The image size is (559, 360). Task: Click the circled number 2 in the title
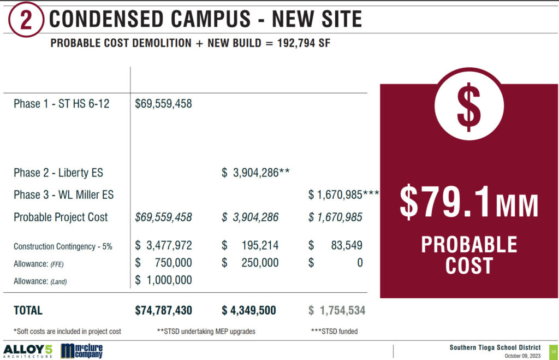pyautogui.click(x=25, y=20)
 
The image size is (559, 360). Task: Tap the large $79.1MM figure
pyautogui.click(x=468, y=202)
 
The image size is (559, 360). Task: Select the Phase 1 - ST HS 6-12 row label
pyautogui.click(x=61, y=104)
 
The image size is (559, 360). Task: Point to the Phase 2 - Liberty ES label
pyautogui.click(x=58, y=173)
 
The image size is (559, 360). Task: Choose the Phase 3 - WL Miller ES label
pyautogui.click(x=63, y=194)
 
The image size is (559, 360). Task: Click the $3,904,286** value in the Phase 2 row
pyautogui.click(x=255, y=173)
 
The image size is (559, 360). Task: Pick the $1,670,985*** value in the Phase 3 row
pyautogui.click(x=343, y=194)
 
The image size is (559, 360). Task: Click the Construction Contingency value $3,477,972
pyautogui.click(x=163, y=246)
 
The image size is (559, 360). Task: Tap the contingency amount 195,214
pyautogui.click(x=259, y=246)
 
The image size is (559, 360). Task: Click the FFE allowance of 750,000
pyautogui.click(x=169, y=263)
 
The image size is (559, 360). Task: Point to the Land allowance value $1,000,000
pyautogui.click(x=163, y=280)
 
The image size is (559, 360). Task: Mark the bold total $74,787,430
pyautogui.click(x=163, y=311)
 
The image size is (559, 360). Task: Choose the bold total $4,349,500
pyautogui.click(x=248, y=311)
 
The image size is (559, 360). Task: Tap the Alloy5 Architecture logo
pyautogui.click(x=28, y=350)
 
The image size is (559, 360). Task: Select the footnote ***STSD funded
pyautogui.click(x=334, y=331)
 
